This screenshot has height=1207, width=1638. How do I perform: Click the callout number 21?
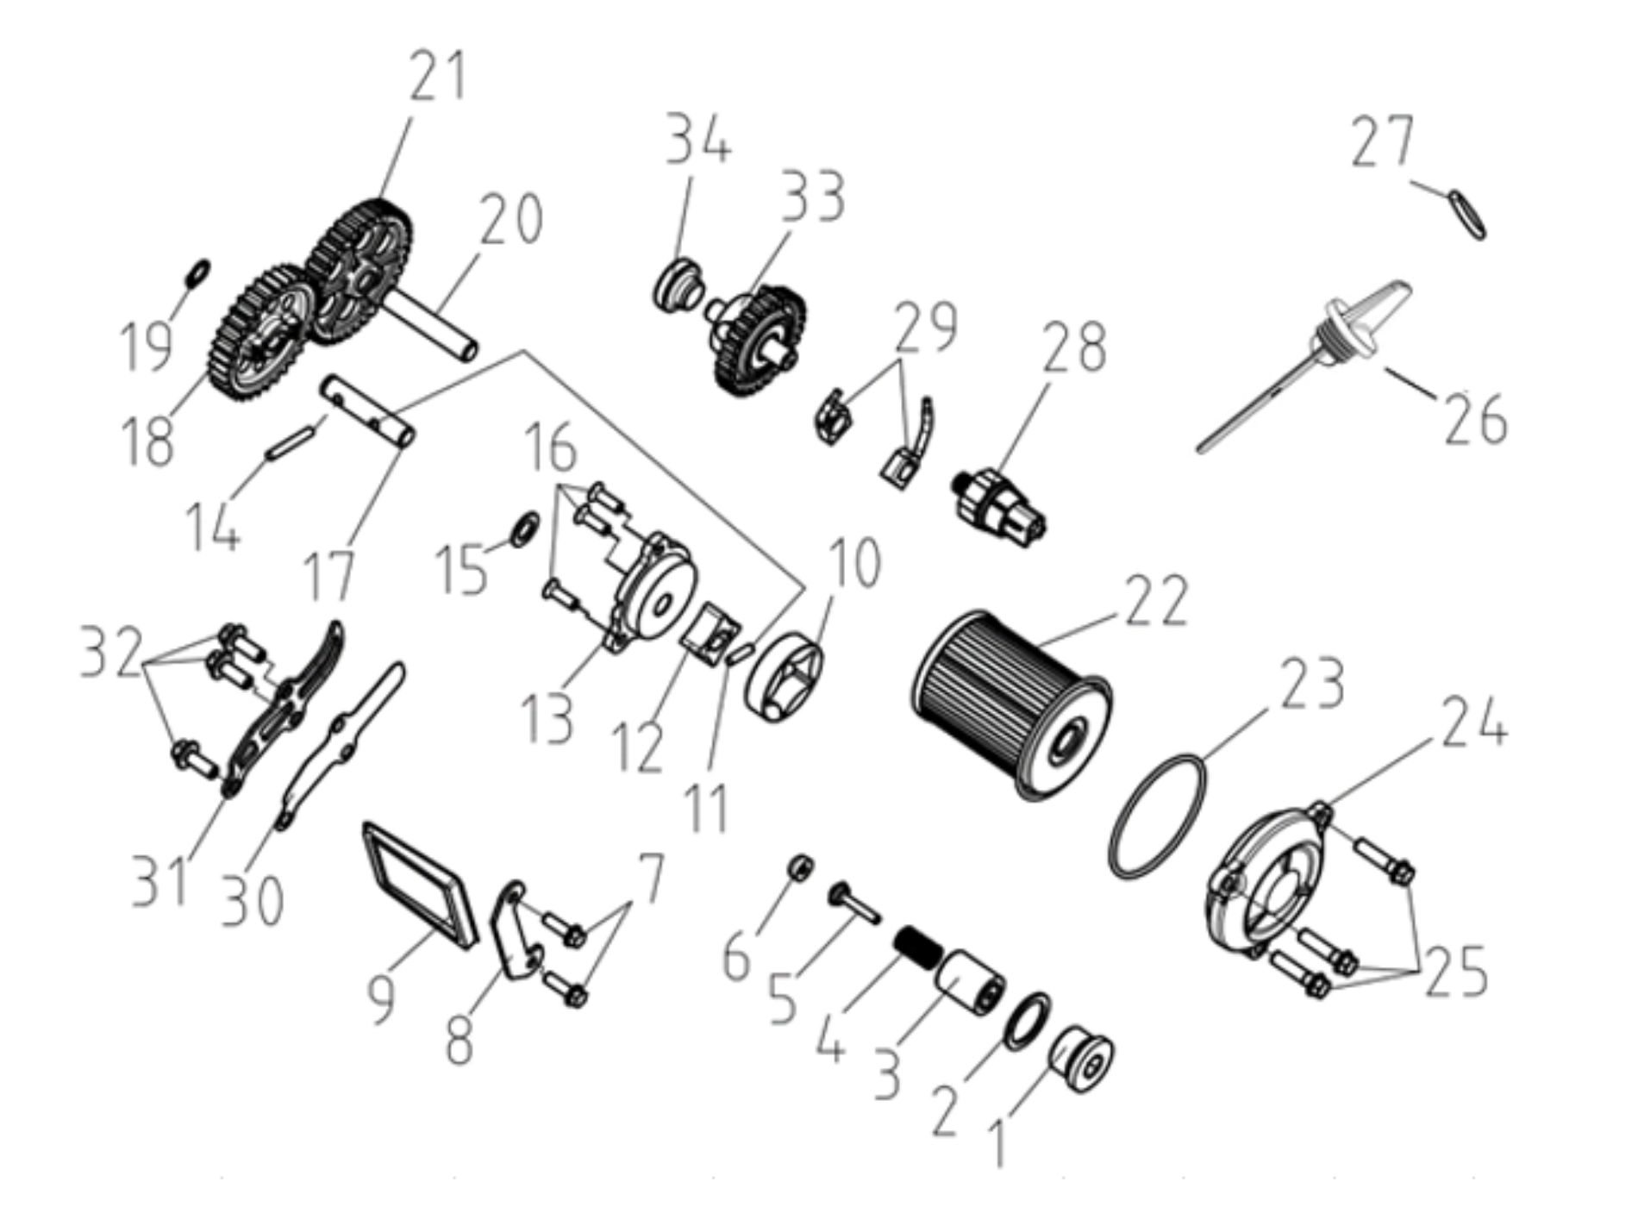click(437, 76)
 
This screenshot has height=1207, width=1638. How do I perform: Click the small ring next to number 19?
click(197, 272)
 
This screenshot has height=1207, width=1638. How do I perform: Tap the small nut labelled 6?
click(801, 866)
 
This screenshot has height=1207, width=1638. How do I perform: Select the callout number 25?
click(1456, 972)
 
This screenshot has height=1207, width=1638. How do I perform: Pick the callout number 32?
click(111, 653)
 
